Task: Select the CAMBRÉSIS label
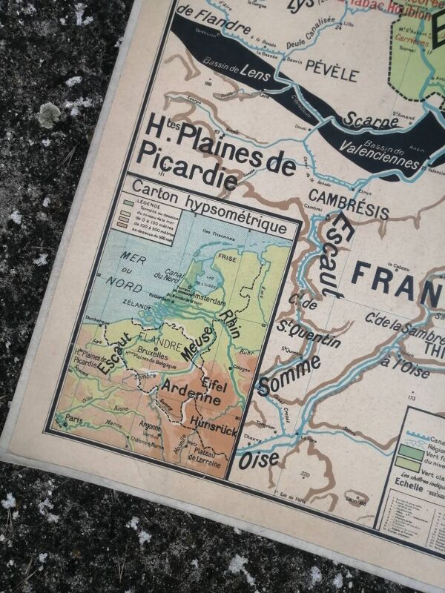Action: coord(348,205)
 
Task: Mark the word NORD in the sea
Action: coord(122,281)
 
